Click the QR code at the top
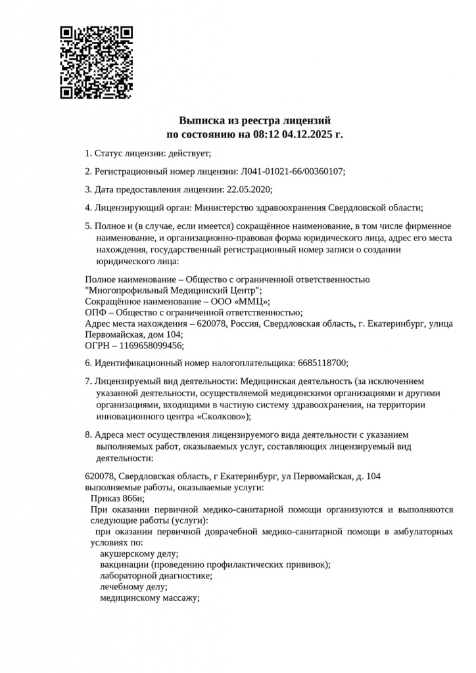(x=97, y=62)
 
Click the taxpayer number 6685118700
(x=323, y=362)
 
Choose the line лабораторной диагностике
(x=156, y=576)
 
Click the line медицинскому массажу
(x=149, y=598)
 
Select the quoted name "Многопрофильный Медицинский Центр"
(x=174, y=290)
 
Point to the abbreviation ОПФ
(x=96, y=312)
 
